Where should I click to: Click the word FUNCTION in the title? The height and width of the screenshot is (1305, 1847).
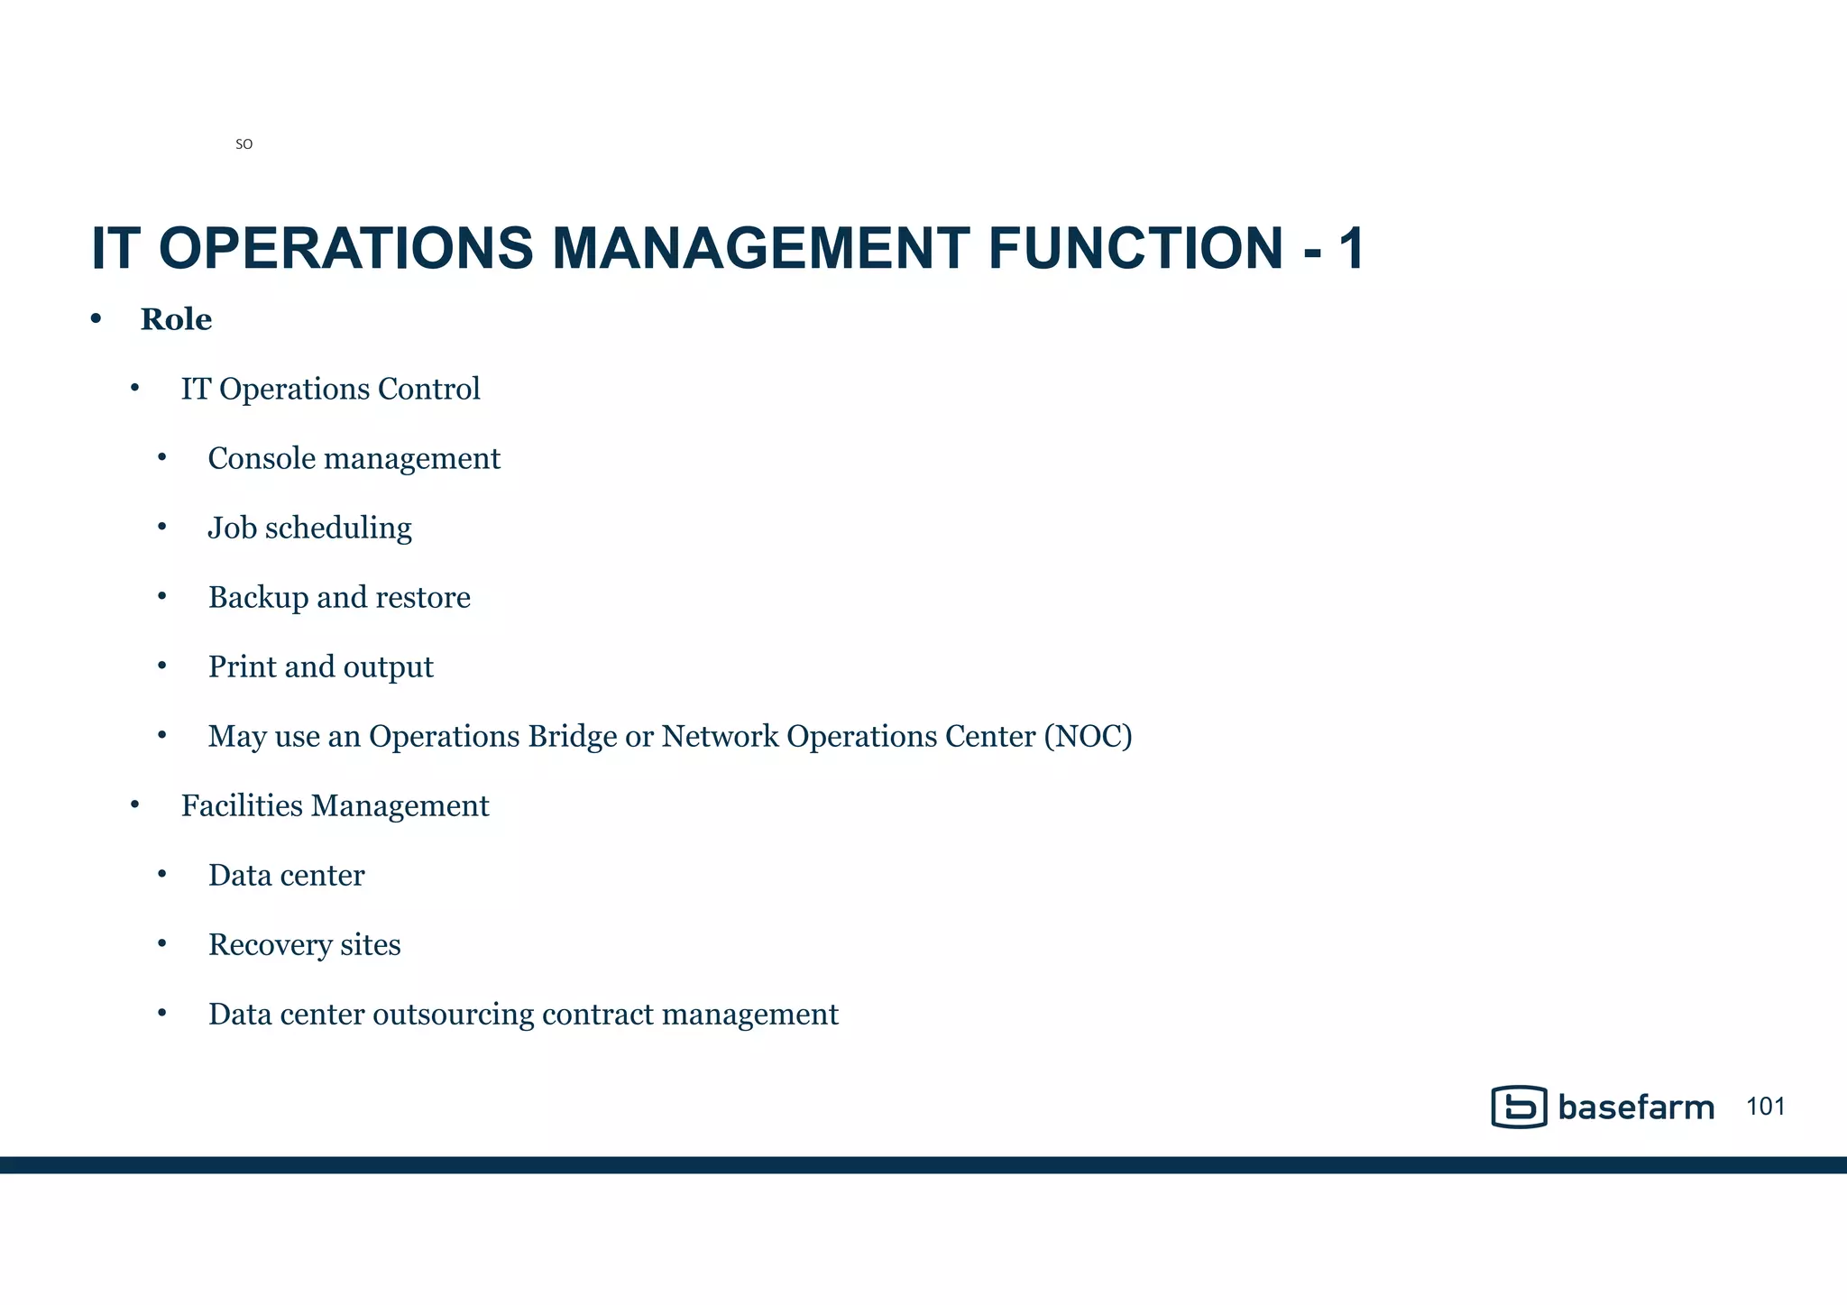[1135, 248]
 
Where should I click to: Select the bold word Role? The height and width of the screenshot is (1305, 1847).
[176, 319]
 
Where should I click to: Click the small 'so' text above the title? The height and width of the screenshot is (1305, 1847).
[244, 144]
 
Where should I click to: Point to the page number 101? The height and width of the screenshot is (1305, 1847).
[1765, 1107]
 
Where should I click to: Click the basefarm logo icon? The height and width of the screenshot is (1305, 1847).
[1519, 1107]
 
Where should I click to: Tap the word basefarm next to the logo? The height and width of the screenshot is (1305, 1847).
[1635, 1107]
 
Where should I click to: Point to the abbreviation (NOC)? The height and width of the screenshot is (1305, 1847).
[1088, 736]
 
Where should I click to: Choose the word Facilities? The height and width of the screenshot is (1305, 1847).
[242, 805]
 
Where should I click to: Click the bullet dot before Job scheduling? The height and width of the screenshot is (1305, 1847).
[162, 527]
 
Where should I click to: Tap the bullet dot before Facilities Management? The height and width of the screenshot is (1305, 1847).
[134, 804]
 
